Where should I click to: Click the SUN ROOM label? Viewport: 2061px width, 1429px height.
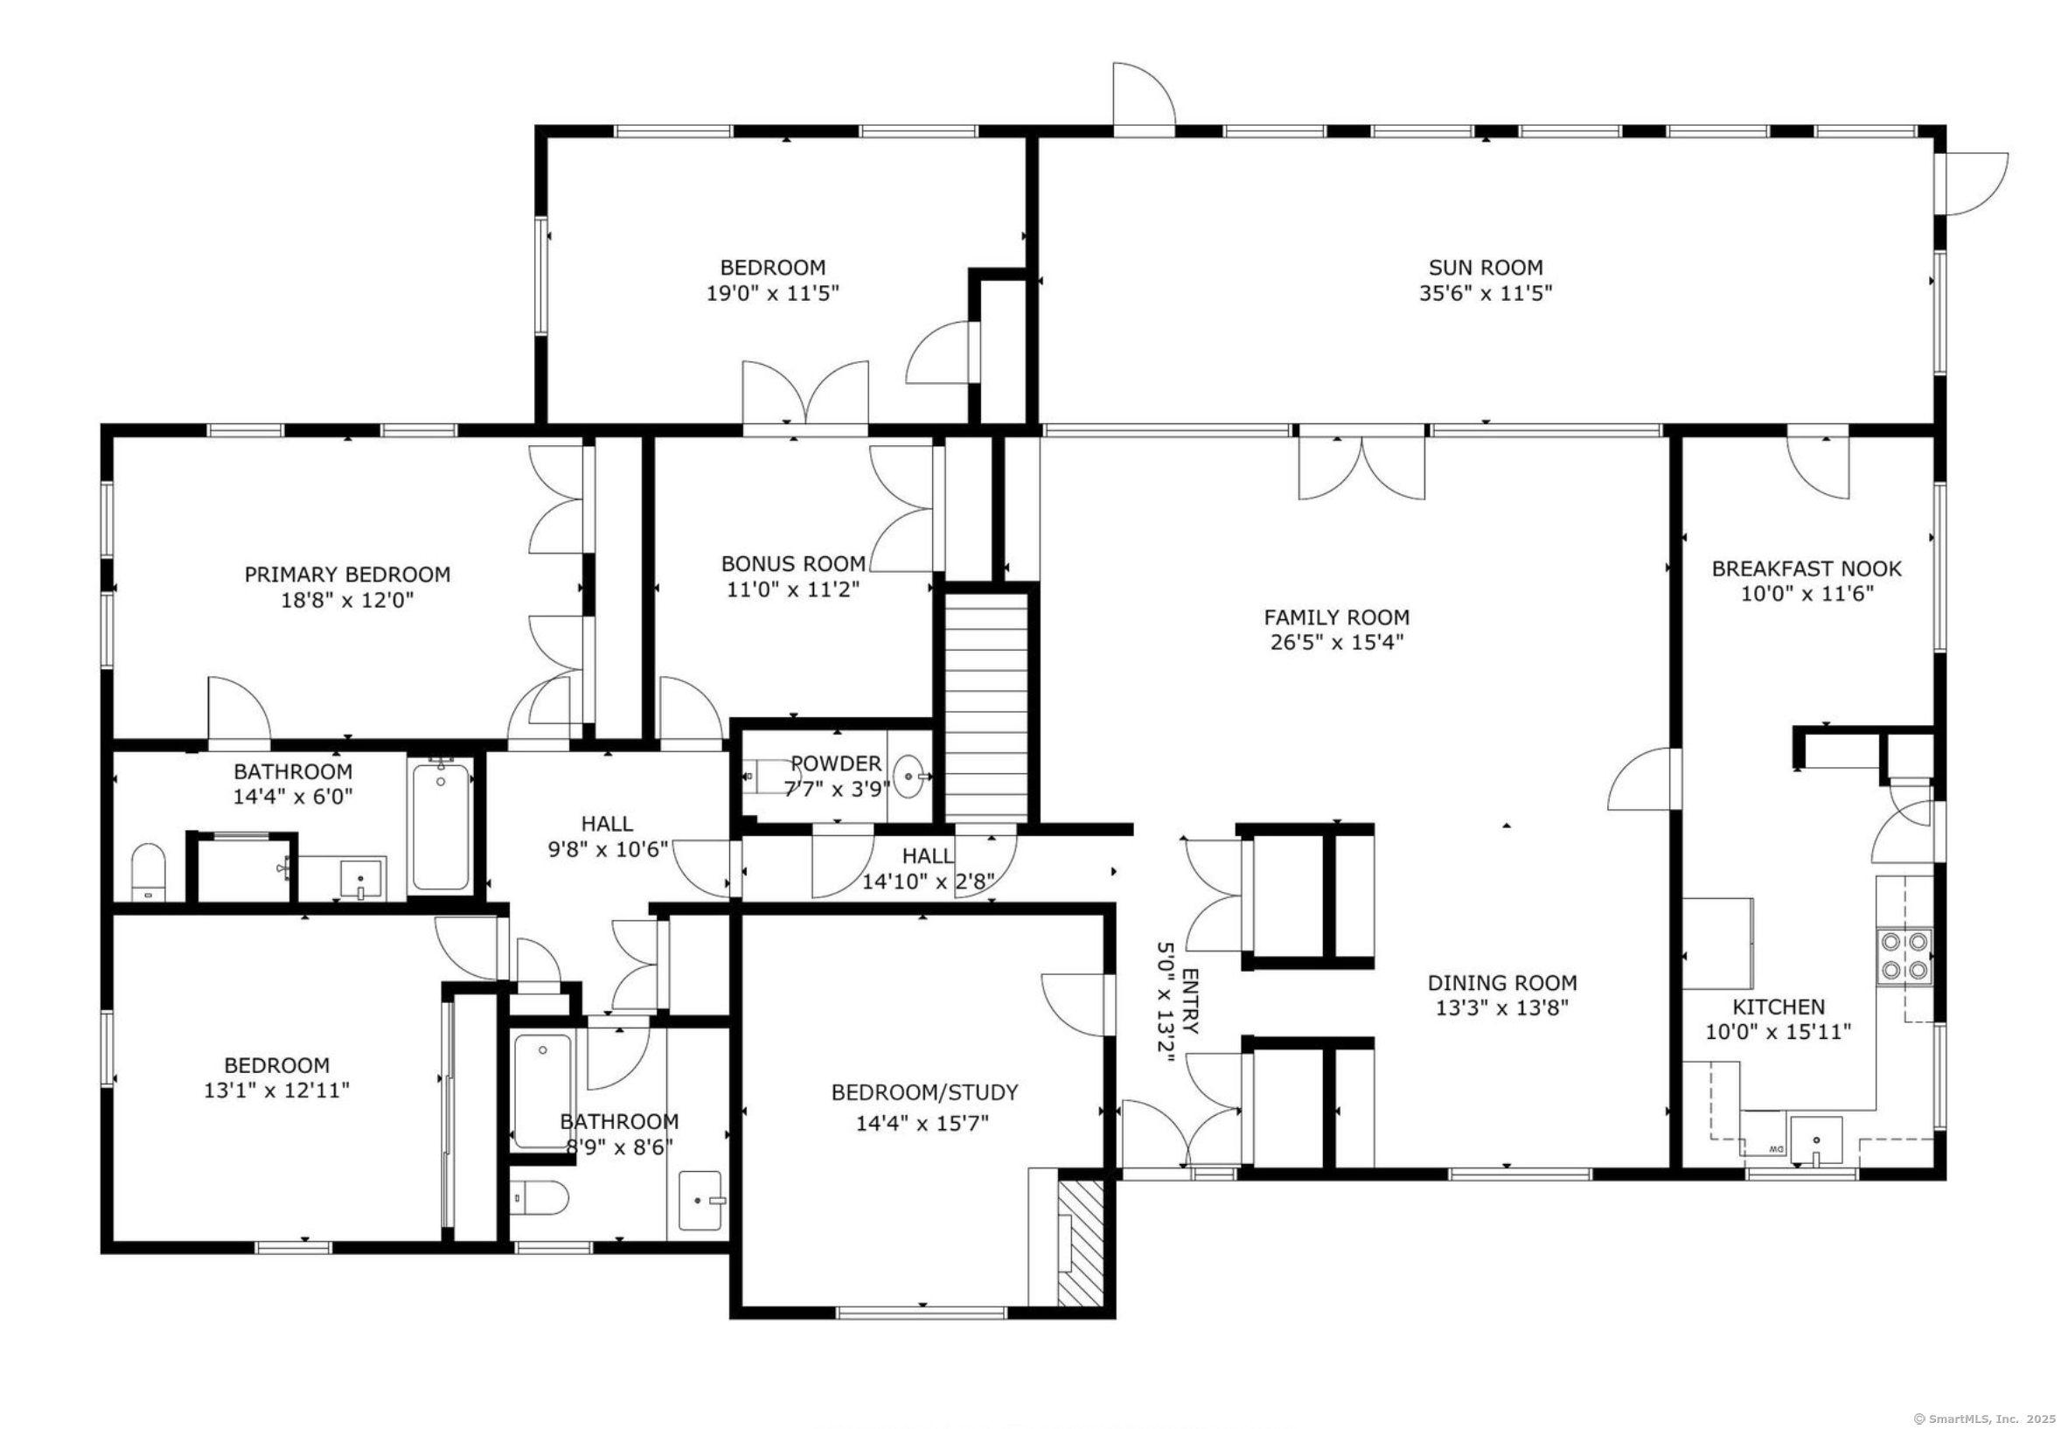[x=1485, y=267]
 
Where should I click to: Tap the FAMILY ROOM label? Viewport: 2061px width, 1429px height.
[x=1336, y=617]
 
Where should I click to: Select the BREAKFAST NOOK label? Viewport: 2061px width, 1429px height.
[x=1806, y=568]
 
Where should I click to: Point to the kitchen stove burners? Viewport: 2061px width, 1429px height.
[x=1904, y=955]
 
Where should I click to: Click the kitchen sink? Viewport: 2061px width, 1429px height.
[x=1815, y=1141]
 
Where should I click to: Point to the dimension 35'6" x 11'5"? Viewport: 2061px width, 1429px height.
[x=1485, y=293]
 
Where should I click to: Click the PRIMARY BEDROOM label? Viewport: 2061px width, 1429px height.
[x=347, y=574]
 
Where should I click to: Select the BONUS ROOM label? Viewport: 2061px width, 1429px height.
[x=793, y=564]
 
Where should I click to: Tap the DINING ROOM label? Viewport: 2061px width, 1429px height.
[x=1502, y=982]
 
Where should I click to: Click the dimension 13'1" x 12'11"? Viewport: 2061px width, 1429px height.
[x=276, y=1090]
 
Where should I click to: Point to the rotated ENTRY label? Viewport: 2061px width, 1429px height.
[x=1191, y=1000]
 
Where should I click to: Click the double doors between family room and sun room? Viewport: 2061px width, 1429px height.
[x=1361, y=466]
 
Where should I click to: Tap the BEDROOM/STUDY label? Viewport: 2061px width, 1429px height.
[x=924, y=1092]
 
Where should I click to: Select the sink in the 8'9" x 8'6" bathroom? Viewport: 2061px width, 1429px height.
[x=701, y=1200]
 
